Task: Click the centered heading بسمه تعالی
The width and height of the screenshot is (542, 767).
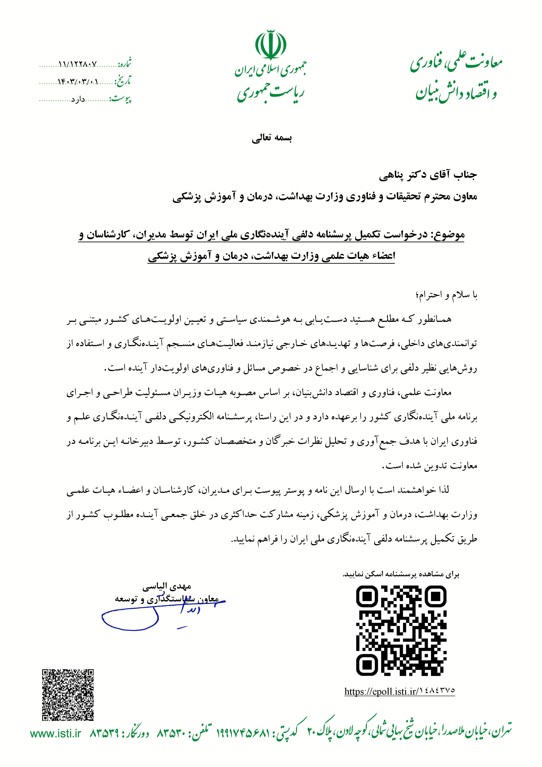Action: point(271,138)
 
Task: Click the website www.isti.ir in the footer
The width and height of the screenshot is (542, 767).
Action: point(56,734)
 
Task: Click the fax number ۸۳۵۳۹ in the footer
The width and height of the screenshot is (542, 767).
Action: point(104,734)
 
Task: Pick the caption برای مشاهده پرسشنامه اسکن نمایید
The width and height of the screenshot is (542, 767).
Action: point(401,574)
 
